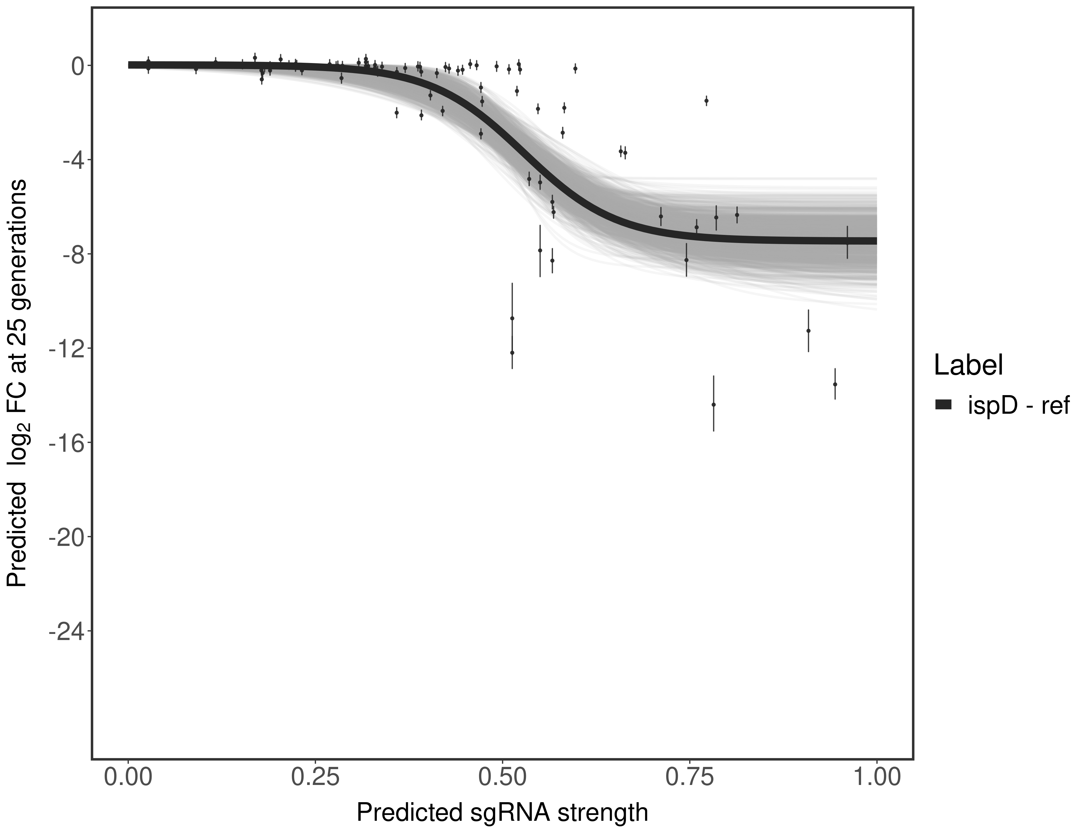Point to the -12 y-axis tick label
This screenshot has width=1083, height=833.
click(66, 348)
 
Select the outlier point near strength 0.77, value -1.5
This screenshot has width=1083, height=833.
click(706, 101)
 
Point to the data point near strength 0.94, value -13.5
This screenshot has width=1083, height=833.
click(835, 384)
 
